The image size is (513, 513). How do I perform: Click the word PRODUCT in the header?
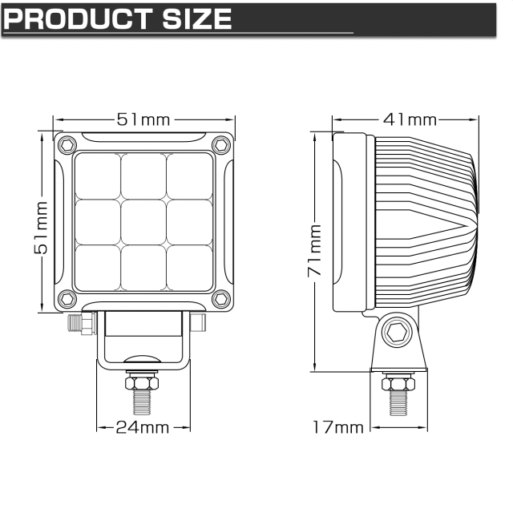(79, 19)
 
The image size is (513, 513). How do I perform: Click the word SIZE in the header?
(197, 19)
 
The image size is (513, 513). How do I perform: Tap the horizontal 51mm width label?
(143, 119)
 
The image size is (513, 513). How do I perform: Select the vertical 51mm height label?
(41, 228)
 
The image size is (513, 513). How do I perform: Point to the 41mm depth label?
(410, 119)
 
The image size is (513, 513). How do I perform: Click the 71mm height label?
(314, 250)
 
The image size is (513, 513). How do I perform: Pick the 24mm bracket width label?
(143, 427)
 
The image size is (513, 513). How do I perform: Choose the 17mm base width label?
(338, 427)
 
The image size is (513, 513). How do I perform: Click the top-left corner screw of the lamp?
(67, 144)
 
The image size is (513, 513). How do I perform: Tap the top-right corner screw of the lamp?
(221, 144)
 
